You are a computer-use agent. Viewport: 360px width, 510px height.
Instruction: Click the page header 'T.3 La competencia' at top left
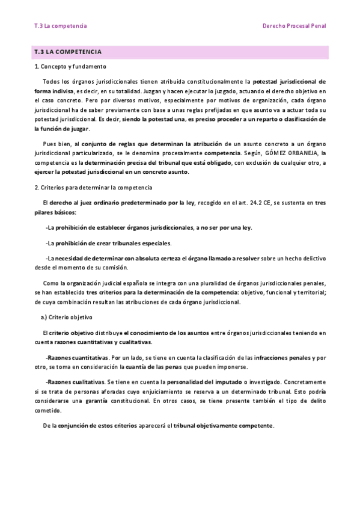click(61, 26)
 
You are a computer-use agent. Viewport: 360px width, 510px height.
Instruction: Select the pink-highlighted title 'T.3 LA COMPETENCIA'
click(68, 52)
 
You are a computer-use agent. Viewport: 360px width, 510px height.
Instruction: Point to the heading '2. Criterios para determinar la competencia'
click(93, 188)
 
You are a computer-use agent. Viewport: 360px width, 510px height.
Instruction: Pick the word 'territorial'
click(309, 292)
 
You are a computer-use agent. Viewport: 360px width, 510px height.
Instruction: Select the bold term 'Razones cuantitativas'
click(77, 357)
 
